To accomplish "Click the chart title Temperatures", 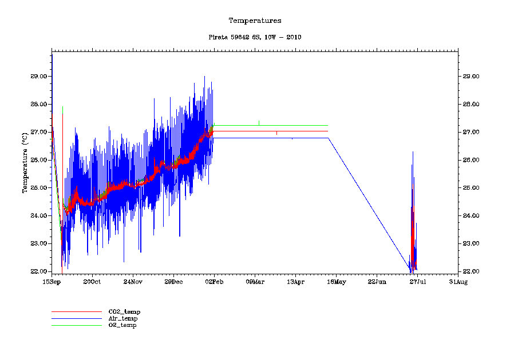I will (255, 21).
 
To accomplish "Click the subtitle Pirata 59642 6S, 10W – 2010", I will (255, 37).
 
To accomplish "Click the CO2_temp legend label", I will (124, 311).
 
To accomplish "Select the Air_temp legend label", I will (123, 318).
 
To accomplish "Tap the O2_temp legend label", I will (122, 325).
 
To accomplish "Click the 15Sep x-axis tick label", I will (52, 282).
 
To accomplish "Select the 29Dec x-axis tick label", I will (173, 282).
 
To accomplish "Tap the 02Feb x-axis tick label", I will (214, 282).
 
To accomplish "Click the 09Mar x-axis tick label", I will (255, 282).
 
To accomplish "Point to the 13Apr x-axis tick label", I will (295, 282).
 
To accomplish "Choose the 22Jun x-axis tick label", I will (377, 282).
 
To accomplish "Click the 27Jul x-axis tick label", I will (417, 282).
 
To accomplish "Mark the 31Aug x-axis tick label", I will (458, 282).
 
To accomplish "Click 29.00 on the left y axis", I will (38, 76).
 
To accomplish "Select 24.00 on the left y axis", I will (38, 215).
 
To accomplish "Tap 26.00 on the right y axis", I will (472, 160).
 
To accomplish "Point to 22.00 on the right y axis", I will (472, 271).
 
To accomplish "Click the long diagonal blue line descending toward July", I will (369, 203).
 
